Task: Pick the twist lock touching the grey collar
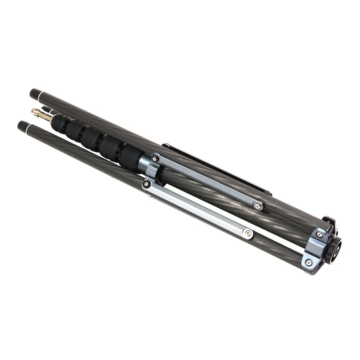pyautogui.click(x=130, y=157)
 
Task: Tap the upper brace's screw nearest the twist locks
pyautogui.click(x=155, y=158)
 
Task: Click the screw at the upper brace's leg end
pyautogui.click(x=257, y=206)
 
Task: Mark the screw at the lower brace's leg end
pyautogui.click(x=248, y=234)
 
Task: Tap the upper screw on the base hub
pyautogui.click(x=319, y=235)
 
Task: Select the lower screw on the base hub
pyautogui.click(x=309, y=263)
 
